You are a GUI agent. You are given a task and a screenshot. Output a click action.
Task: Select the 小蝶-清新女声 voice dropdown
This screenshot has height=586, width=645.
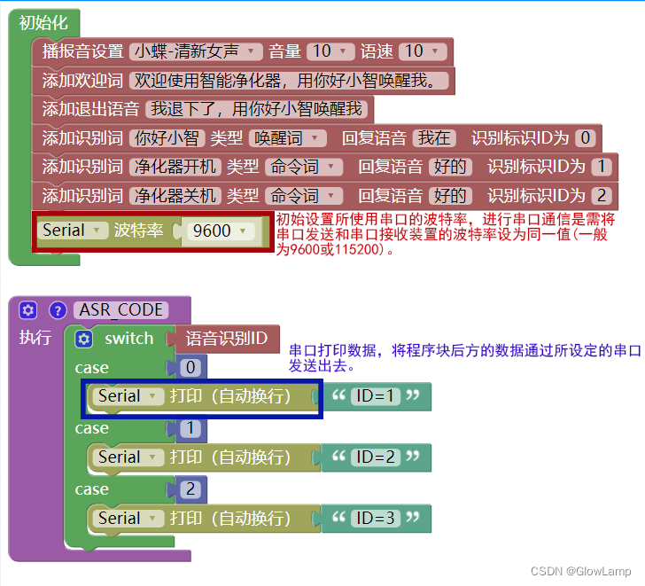click(x=196, y=51)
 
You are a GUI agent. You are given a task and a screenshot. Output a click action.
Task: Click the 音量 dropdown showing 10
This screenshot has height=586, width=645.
click(x=332, y=51)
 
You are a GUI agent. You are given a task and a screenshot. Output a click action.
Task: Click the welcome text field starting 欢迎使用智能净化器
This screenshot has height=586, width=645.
click(x=289, y=81)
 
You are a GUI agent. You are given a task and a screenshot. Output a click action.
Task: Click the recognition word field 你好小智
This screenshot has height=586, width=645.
click(x=166, y=137)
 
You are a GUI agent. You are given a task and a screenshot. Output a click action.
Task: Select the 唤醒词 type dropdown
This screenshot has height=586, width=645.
click(x=287, y=137)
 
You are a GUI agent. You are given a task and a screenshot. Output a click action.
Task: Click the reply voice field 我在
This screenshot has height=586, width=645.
click(x=434, y=137)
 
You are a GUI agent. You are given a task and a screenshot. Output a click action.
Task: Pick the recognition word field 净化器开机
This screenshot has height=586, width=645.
click(x=174, y=167)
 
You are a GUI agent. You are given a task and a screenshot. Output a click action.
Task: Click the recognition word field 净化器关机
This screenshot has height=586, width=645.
click(x=174, y=195)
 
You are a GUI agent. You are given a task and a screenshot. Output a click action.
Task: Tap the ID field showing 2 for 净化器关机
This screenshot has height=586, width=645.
click(x=602, y=195)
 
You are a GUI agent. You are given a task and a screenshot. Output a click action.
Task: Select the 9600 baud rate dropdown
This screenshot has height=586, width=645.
click(x=222, y=231)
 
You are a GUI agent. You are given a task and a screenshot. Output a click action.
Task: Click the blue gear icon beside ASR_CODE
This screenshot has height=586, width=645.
click(x=27, y=310)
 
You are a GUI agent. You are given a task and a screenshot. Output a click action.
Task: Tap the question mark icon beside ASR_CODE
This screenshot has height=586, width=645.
click(x=58, y=310)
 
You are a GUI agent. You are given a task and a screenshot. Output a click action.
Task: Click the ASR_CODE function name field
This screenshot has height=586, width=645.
click(x=121, y=310)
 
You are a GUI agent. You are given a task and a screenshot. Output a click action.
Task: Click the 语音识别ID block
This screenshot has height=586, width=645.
click(x=228, y=339)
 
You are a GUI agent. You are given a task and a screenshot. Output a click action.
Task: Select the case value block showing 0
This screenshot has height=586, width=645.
click(x=190, y=368)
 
